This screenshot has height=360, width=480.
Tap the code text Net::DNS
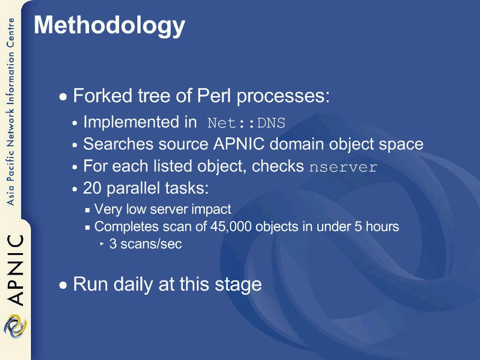(246, 123)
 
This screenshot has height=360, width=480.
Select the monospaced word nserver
(343, 167)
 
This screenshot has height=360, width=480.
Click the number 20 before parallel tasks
(92, 188)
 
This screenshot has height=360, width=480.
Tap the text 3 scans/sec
(146, 244)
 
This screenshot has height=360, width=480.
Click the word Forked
(103, 96)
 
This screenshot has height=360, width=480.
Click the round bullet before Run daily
(63, 285)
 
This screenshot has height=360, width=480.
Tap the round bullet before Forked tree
(63, 97)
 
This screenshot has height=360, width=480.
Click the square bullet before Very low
(88, 210)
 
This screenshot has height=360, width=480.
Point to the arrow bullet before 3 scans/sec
(102, 244)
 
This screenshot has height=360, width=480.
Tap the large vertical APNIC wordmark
(15, 270)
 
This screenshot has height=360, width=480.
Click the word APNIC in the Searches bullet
(239, 144)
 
